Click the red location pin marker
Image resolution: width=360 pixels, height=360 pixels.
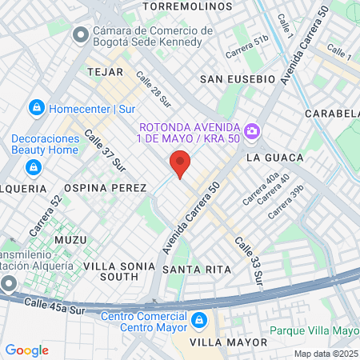coord(181,163)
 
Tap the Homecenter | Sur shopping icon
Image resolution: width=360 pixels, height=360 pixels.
coord(36,108)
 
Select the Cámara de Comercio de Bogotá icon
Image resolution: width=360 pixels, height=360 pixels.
coord(79,36)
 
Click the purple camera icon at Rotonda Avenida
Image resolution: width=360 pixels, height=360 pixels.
coord(252,130)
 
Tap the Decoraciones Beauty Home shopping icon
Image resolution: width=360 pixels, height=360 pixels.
coord(33,166)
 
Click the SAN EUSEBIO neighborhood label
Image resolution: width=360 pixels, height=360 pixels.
coord(238,79)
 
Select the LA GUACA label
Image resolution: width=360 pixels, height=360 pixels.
coord(274,158)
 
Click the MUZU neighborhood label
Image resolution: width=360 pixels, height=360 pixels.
coord(69,239)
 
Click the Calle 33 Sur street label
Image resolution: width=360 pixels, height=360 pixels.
coord(248,261)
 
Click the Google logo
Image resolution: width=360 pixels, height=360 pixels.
coord(26,350)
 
